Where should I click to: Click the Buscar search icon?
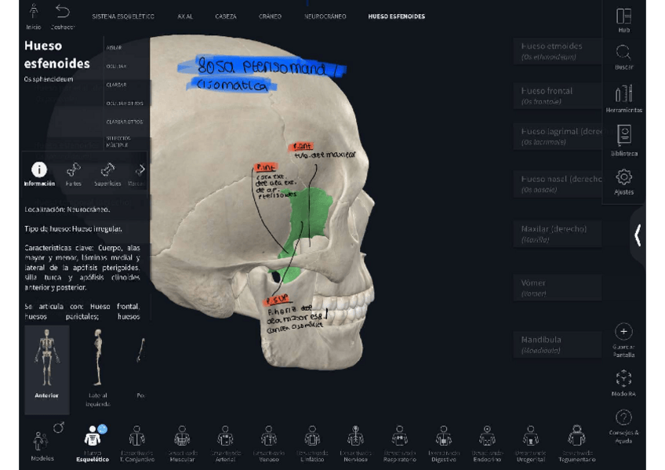tap(623, 53)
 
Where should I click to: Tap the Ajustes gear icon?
tap(623, 177)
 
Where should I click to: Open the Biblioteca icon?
tap(623, 135)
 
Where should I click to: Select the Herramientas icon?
tap(623, 94)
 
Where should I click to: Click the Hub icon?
tap(623, 16)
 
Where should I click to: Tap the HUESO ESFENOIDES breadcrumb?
tap(396, 16)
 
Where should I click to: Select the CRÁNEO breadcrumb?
tap(270, 16)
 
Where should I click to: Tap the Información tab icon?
tap(39, 170)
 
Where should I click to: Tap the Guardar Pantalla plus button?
tap(623, 332)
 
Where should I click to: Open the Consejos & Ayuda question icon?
tap(623, 418)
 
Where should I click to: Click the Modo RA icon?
tap(623, 378)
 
